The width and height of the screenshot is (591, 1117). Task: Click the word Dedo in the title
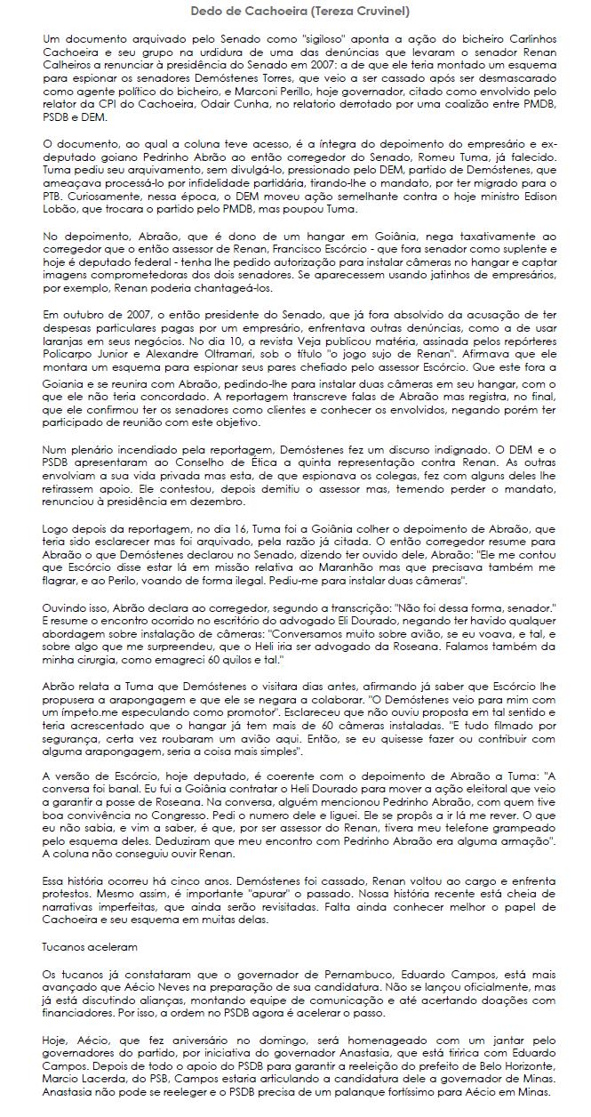coord(205,11)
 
